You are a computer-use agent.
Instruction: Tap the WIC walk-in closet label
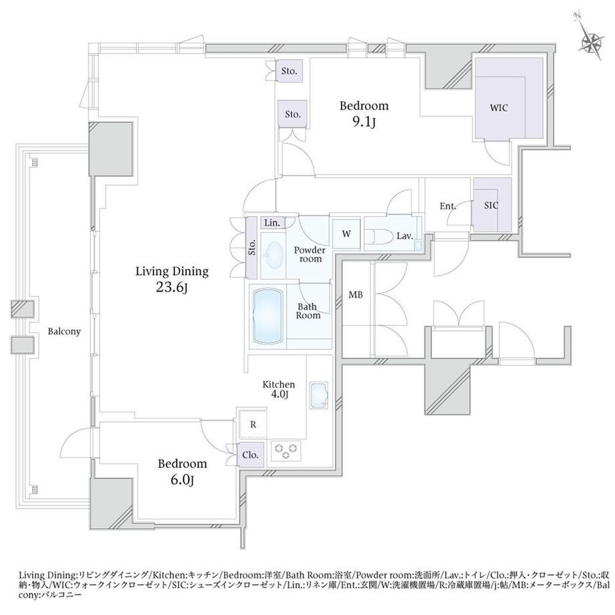(499, 108)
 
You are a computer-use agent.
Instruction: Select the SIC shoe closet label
(491, 205)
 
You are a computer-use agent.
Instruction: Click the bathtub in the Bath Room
(268, 316)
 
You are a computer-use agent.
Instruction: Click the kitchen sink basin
(318, 395)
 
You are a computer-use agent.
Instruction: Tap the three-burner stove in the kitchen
(285, 451)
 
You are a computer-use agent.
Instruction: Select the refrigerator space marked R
(253, 424)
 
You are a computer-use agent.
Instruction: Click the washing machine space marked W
(346, 234)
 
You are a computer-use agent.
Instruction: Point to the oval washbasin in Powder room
(274, 255)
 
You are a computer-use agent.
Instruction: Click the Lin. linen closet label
(272, 223)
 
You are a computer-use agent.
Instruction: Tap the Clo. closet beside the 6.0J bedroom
(250, 455)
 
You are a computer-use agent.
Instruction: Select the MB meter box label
(356, 295)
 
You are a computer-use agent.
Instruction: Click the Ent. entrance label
(447, 206)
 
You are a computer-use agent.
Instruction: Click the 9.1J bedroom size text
(364, 122)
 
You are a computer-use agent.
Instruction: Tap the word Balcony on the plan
(64, 332)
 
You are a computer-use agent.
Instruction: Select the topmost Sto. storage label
(289, 71)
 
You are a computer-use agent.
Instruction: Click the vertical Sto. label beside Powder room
(252, 247)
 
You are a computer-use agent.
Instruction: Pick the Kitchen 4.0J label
(279, 389)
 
